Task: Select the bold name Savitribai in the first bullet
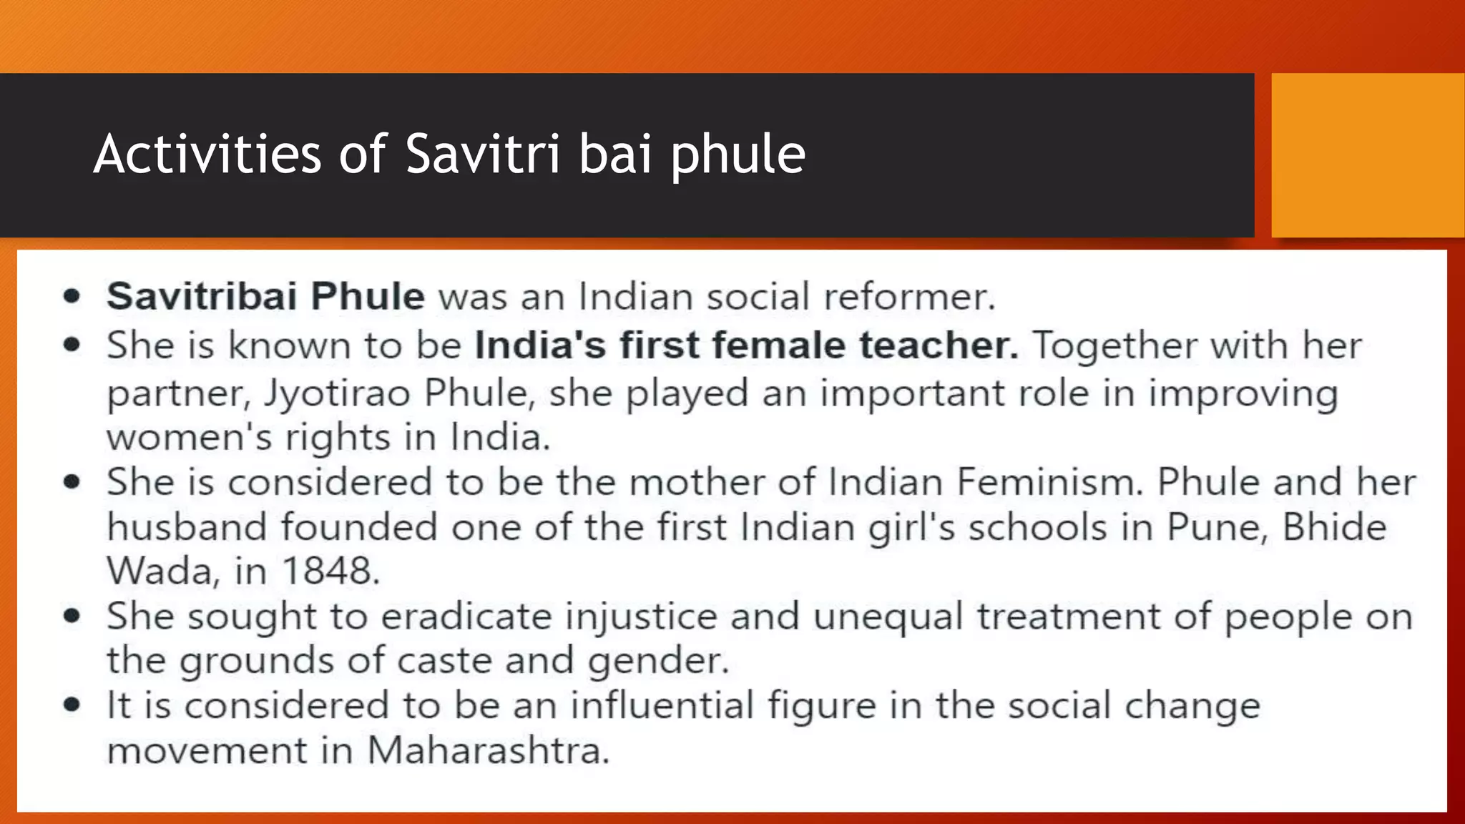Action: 202,296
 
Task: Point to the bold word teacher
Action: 939,345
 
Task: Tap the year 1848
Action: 330,571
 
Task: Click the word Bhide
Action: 1334,527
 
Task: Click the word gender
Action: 658,662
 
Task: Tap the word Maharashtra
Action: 488,750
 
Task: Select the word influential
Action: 662,705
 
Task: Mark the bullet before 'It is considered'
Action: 72,705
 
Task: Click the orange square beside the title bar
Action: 1367,154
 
